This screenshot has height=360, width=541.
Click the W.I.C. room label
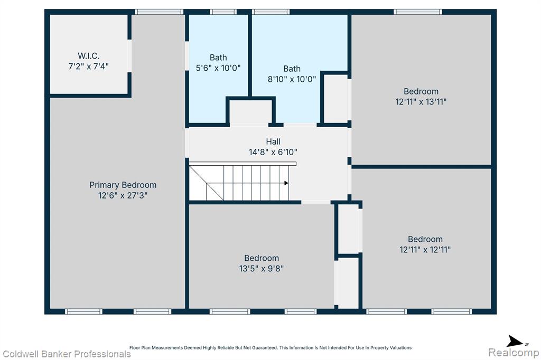coord(89,56)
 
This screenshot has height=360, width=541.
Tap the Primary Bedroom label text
coord(123,185)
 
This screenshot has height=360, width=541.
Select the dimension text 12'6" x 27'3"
coord(123,195)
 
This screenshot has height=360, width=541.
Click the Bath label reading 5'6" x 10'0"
coord(218,68)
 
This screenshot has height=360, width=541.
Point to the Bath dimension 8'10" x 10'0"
coord(292,79)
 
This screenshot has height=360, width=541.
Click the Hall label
coord(273,141)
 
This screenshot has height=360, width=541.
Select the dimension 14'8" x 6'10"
coord(273,152)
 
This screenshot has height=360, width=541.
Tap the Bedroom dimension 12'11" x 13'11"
coord(421,102)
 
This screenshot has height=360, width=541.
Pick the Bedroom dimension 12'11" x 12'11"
coord(425,250)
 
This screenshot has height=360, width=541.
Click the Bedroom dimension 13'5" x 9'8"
coord(262,269)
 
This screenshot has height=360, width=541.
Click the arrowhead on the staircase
coord(286,183)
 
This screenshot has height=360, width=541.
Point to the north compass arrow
coord(515,342)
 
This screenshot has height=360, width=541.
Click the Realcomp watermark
coord(514,353)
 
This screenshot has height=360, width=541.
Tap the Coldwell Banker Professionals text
coord(67,354)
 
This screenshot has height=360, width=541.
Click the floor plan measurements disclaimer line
coord(270,347)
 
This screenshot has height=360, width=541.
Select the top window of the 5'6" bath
coord(223,12)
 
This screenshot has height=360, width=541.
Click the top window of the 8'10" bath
coord(271,12)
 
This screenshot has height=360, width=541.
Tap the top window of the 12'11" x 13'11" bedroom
coord(418,12)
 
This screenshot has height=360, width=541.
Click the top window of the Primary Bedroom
coord(159,12)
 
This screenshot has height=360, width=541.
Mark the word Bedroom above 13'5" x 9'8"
coord(262,258)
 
